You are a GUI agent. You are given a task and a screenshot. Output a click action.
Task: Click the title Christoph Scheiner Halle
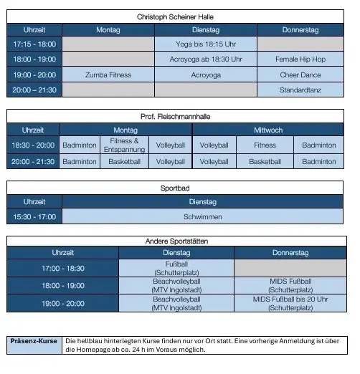175,16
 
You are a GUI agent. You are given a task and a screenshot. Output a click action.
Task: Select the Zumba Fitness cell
108,75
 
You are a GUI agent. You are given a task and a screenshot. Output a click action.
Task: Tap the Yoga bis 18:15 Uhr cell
206,44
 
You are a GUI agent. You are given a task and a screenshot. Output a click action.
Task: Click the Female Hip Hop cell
300,59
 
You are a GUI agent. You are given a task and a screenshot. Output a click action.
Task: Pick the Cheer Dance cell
300,75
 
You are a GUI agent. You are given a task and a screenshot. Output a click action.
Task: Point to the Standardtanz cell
300,90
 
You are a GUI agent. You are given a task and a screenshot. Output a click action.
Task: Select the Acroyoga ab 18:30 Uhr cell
206,59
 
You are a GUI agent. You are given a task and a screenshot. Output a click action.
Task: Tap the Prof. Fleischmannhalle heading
175,116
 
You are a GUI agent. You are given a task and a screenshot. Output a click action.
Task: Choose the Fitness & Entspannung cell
125,145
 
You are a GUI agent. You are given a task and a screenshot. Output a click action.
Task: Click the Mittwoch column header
268,130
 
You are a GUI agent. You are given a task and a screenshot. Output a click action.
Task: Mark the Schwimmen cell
202,216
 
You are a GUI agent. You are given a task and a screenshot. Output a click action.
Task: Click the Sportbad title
175,188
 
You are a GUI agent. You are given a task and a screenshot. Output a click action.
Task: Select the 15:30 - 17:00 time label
34,216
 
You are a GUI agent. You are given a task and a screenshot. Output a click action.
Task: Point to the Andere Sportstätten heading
175,242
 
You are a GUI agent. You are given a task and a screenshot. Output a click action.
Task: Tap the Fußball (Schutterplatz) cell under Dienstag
176,269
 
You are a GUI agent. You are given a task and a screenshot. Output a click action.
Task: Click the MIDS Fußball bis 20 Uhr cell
290,304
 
